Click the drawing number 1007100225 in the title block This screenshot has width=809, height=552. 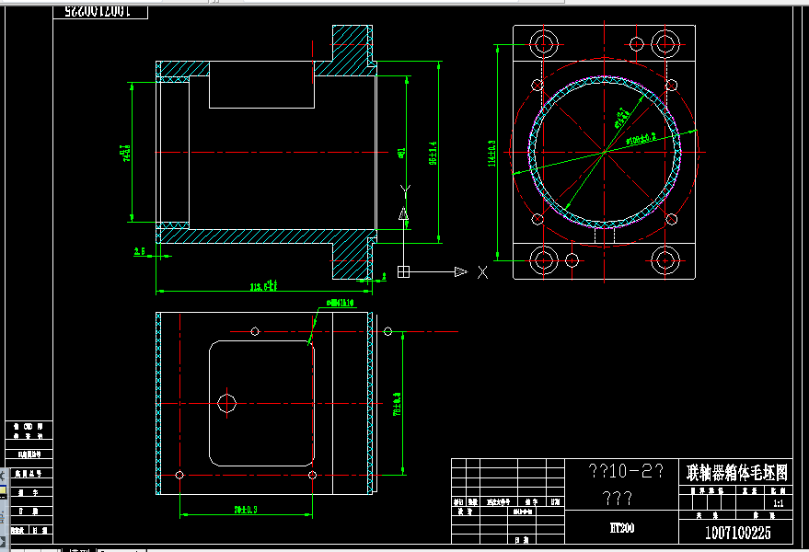coord(737,533)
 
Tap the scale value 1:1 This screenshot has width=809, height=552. coord(779,504)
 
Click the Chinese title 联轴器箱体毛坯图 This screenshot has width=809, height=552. coord(737,473)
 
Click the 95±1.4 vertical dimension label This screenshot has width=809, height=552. coord(433,155)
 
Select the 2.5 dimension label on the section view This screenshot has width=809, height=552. coord(140,250)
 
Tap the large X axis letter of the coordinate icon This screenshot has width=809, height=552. coord(481,271)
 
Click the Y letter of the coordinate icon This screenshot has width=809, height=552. coord(403,190)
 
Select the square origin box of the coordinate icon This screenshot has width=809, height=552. coord(403,271)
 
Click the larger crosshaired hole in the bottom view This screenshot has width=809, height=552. coord(226,402)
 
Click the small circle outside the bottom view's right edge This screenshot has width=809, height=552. coord(387,331)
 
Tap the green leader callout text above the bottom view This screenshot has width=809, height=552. coord(341,302)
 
